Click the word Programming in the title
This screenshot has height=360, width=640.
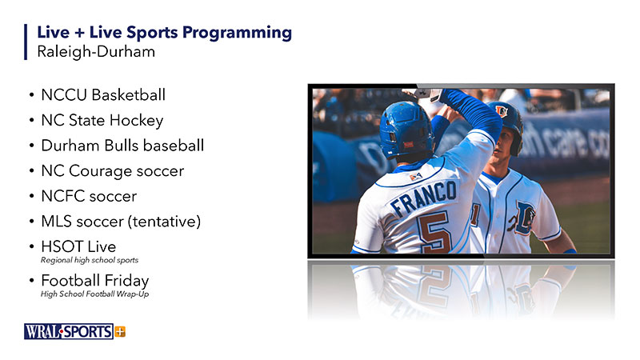tap(237, 34)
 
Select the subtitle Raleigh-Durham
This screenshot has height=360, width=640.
tap(96, 52)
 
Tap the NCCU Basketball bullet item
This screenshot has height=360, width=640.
tap(103, 94)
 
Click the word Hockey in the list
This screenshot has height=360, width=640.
tap(136, 121)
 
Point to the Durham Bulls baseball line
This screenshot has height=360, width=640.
tap(122, 146)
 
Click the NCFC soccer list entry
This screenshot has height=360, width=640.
tap(89, 196)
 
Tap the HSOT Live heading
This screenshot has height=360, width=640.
tap(78, 246)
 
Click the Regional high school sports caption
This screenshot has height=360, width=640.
tap(90, 260)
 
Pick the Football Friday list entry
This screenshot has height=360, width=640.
tap(95, 281)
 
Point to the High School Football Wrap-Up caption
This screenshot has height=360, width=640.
tap(94, 294)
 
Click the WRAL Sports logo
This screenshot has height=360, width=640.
tap(69, 331)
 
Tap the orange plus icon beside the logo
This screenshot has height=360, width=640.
tap(120, 332)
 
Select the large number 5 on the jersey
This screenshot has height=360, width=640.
tap(434, 232)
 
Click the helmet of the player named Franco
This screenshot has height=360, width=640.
tap(406, 129)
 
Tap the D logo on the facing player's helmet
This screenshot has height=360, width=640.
tap(502, 110)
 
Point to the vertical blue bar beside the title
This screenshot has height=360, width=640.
tap(26, 42)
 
